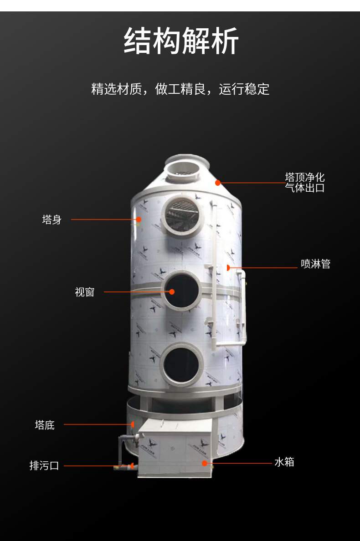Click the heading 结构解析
[x=181, y=41]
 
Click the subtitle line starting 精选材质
[x=180, y=89]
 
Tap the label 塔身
[x=52, y=219]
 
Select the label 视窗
[x=85, y=292]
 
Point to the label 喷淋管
[x=315, y=264]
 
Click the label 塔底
[x=45, y=425]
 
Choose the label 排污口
[x=44, y=466]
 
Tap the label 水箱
[x=284, y=462]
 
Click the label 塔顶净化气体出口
[x=305, y=183]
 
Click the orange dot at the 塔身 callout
[x=139, y=219]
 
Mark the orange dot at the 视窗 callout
[x=172, y=292]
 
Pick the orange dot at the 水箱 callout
[x=205, y=464]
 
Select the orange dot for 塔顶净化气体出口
[x=218, y=183]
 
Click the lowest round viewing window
[x=181, y=364]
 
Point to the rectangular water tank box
[x=175, y=448]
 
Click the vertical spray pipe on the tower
[x=214, y=276]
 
